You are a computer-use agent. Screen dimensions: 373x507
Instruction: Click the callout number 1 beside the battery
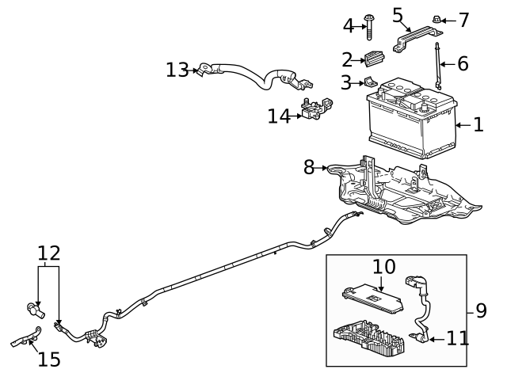(478, 125)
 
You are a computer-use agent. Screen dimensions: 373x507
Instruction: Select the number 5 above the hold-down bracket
(398, 14)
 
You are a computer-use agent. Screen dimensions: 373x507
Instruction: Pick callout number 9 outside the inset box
(481, 310)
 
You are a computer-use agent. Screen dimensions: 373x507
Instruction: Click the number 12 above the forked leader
(49, 253)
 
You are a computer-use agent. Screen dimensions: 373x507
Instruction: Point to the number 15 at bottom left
(49, 359)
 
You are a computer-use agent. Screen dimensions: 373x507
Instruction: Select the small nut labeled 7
(436, 18)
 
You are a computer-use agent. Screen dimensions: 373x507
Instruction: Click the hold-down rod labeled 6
(436, 70)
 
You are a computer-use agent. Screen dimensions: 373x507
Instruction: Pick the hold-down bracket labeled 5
(414, 36)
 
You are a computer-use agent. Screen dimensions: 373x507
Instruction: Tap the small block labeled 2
(375, 58)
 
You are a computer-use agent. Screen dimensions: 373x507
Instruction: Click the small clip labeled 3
(368, 82)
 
